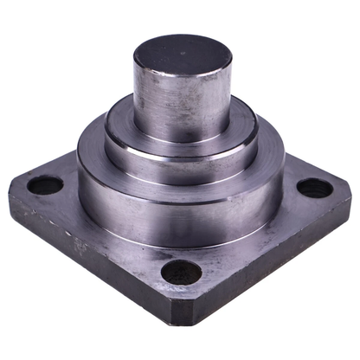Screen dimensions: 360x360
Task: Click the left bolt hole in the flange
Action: coord(45,185)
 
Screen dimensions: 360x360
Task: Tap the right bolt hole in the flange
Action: coord(314,188)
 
